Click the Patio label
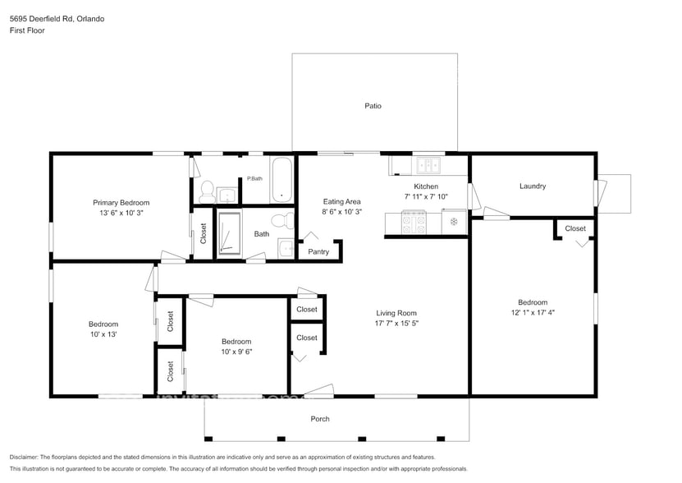point(373,106)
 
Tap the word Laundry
point(533,186)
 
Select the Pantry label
point(318,252)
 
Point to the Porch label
point(320,419)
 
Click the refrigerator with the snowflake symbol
point(454,222)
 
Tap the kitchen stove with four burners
point(413,222)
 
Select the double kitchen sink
point(427,165)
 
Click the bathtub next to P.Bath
point(281,179)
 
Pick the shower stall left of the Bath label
point(229,234)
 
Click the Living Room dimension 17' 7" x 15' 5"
point(396,324)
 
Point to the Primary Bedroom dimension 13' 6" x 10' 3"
point(121,214)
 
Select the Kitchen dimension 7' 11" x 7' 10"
point(426,197)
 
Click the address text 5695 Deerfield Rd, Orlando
point(57,18)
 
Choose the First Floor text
point(27,30)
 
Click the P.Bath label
point(254,179)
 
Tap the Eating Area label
point(341,201)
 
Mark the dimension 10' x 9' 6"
point(236,352)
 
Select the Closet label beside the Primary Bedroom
point(204,234)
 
